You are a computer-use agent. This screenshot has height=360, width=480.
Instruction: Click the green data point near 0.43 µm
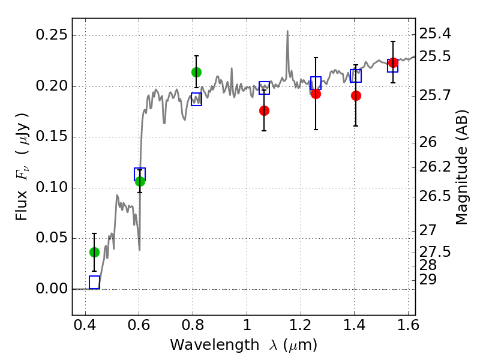[x=94, y=252]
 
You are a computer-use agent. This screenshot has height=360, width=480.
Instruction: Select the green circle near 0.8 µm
[x=196, y=72]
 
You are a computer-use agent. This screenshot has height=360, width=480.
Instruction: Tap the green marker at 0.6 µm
[x=140, y=182]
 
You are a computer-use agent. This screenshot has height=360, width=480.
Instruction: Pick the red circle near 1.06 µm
[x=264, y=110]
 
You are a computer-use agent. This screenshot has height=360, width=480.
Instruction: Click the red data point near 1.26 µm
[x=316, y=94]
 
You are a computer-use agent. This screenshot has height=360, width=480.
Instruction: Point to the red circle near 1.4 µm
[x=356, y=95]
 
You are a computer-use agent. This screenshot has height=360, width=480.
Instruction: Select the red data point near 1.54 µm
[x=393, y=62]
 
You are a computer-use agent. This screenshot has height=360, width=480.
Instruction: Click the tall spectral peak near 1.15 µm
[x=287, y=31]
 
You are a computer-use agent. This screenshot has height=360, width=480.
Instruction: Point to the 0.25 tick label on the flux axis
[x=52, y=35]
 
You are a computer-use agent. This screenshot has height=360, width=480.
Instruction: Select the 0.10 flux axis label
[x=52, y=187]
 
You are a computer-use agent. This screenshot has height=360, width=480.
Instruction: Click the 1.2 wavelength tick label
[x=301, y=325]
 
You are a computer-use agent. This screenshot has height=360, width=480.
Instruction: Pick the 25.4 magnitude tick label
[x=434, y=34]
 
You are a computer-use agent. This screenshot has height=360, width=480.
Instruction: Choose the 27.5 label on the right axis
[x=434, y=251]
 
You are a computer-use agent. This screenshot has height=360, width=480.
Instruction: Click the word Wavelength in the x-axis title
[x=215, y=345]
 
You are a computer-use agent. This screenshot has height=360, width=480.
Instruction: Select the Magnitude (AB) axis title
[x=461, y=167]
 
